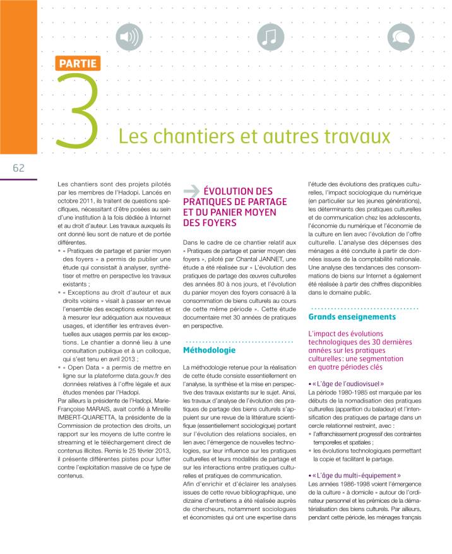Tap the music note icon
point(270,38)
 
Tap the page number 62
point(18,168)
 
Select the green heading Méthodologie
point(209,349)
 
